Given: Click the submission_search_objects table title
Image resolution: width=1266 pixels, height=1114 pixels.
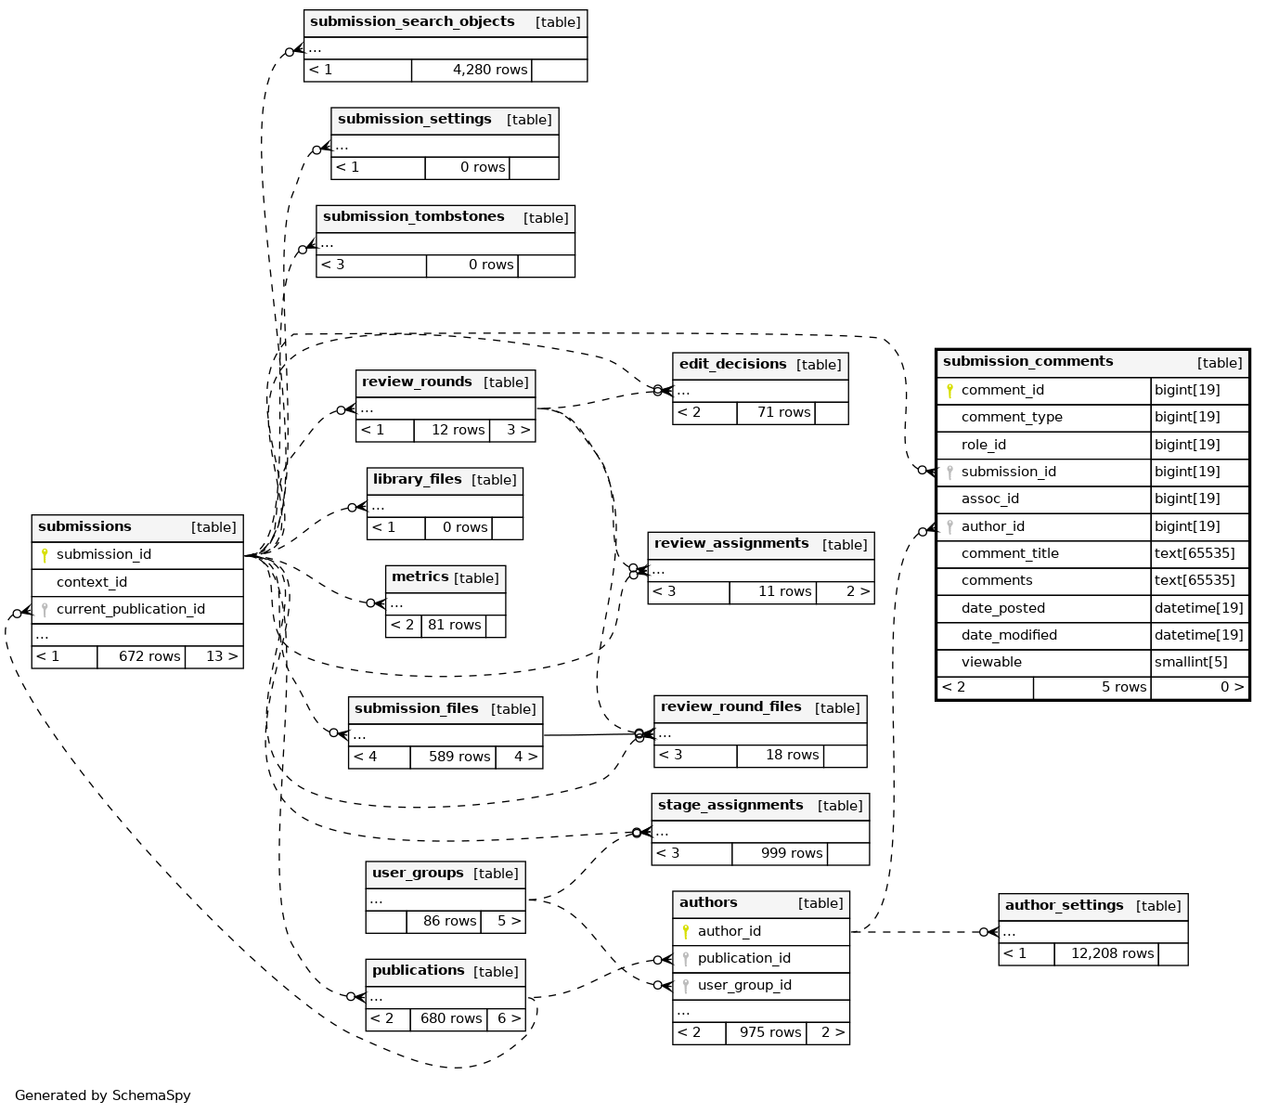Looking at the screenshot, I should pos(412,22).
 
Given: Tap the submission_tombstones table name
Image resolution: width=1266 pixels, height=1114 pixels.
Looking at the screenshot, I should pos(414,217).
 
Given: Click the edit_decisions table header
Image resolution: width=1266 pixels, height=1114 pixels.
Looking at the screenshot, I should pos(732,365).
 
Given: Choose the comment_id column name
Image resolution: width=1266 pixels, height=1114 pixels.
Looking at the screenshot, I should pos(1002,391).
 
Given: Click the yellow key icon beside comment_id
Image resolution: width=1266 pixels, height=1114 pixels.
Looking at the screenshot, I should pos(949,391).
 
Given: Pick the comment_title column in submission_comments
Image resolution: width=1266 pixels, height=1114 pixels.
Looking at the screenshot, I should pos(1010,553).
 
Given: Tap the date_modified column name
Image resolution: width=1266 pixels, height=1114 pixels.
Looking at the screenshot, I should pos(1009,635).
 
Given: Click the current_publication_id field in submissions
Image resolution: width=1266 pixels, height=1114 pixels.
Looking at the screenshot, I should pos(131,609).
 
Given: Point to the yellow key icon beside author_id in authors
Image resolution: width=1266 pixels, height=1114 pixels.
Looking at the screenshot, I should pos(686,931).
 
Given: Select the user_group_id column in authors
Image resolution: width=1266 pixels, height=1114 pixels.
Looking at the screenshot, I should pos(744,985).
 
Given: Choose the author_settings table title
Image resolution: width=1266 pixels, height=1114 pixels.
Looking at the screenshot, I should pos(1064,906).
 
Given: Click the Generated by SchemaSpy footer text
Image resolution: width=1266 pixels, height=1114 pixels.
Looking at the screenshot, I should pos(103,1095).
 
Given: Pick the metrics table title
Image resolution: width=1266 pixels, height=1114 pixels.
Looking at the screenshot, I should pos(420,577).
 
